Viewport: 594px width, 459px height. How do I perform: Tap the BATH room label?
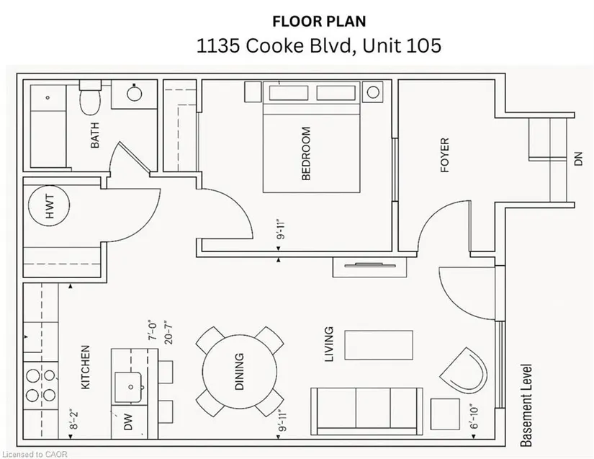95,135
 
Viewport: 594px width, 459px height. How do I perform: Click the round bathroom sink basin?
135,93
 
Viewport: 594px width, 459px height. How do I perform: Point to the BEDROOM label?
306,153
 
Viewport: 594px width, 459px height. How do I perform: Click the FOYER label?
445,155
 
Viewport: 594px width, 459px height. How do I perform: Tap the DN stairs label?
578,159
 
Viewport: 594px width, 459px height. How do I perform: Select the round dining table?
240,372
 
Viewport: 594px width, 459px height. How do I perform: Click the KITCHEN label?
86,367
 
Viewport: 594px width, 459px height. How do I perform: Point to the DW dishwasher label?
128,422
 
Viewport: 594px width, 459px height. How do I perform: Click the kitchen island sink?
128,387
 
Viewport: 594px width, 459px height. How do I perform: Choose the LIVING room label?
330,344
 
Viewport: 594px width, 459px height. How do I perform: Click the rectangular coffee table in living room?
379,345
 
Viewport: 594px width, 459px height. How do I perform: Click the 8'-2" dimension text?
74,419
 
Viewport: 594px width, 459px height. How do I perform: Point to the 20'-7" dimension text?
168,332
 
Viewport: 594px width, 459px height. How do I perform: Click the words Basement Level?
526,406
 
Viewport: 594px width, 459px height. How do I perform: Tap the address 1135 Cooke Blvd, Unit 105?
318,46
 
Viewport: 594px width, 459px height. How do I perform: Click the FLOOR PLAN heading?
320,21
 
